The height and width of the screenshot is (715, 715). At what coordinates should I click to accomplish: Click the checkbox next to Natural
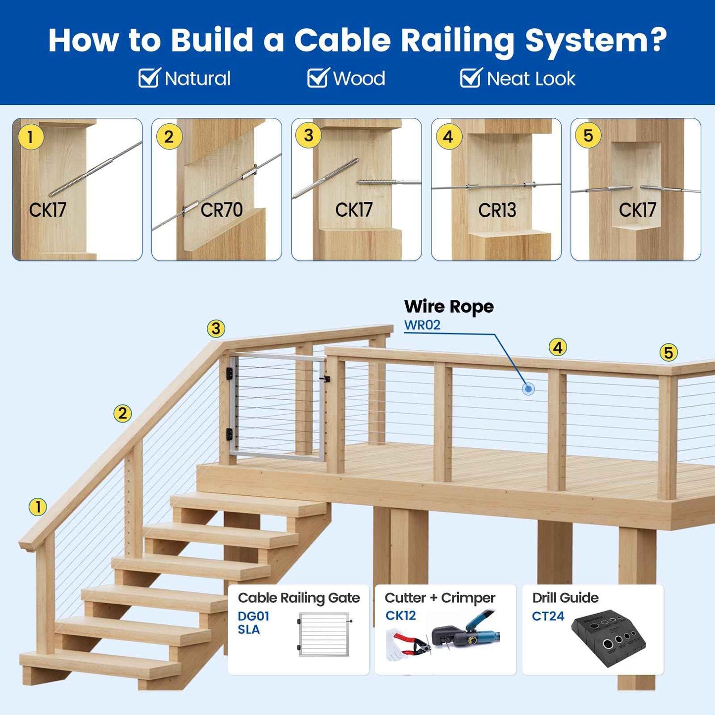click(x=148, y=78)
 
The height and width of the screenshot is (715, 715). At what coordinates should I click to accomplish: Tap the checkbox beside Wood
click(x=317, y=78)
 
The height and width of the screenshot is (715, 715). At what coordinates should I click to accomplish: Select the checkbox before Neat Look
click(x=470, y=78)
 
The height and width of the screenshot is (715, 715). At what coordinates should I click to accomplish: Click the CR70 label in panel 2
click(x=221, y=210)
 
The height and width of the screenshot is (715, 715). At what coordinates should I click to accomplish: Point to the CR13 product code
click(x=497, y=210)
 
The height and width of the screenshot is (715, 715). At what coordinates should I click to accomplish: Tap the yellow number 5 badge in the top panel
click(x=588, y=136)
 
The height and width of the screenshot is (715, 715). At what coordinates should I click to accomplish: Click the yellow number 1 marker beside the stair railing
click(x=38, y=507)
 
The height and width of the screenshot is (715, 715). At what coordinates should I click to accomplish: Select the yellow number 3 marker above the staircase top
click(x=216, y=329)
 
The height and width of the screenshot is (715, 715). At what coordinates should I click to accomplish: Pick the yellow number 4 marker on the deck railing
click(x=558, y=348)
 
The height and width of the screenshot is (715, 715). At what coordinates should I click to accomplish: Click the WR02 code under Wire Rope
click(x=422, y=325)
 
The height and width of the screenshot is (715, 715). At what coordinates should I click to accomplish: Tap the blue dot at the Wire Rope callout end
click(x=528, y=389)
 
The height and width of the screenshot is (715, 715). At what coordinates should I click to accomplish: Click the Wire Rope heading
click(x=449, y=306)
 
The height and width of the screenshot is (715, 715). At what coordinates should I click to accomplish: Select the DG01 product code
click(x=253, y=616)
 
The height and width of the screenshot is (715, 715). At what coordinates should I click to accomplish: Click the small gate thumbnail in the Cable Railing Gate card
click(x=324, y=634)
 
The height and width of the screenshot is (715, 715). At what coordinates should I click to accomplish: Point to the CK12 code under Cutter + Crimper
click(x=400, y=616)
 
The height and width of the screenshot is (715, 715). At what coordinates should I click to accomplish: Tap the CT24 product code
click(x=548, y=616)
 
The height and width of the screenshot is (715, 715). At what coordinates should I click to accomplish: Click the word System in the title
click(x=596, y=40)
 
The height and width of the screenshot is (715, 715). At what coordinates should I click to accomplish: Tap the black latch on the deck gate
click(x=325, y=380)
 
